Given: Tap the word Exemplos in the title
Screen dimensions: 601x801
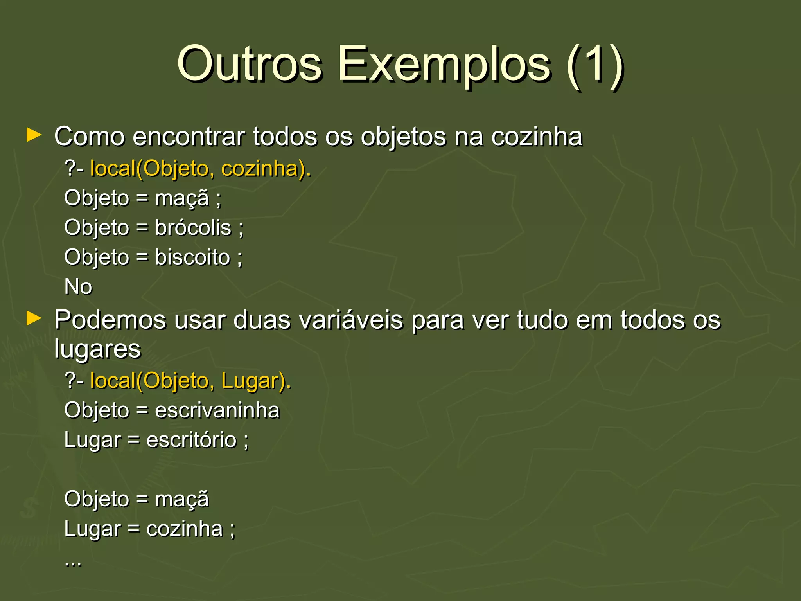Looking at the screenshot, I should click(444, 64).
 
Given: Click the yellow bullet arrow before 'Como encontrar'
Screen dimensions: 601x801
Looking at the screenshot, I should click(34, 135).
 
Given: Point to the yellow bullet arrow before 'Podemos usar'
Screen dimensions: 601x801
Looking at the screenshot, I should click(34, 318).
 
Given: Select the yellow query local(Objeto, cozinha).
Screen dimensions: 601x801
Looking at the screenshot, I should click(200, 169).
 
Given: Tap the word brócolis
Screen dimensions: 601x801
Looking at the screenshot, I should click(193, 228).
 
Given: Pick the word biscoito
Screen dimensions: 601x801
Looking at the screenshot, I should click(192, 257).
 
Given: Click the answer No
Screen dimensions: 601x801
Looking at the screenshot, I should click(78, 286).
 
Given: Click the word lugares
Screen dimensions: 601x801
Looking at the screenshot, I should click(97, 349).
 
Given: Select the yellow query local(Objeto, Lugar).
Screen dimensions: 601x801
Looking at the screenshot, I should click(190, 381).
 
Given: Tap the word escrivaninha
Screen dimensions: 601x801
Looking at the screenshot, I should click(217, 410).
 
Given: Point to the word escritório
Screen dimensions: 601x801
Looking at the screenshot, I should click(192, 440).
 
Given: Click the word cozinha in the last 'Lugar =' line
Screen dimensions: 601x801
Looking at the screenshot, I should click(184, 529).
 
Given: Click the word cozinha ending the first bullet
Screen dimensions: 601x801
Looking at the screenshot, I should click(537, 137).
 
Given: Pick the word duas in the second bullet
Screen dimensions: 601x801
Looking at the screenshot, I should click(262, 320).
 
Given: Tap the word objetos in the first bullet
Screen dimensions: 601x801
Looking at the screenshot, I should click(403, 137).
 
